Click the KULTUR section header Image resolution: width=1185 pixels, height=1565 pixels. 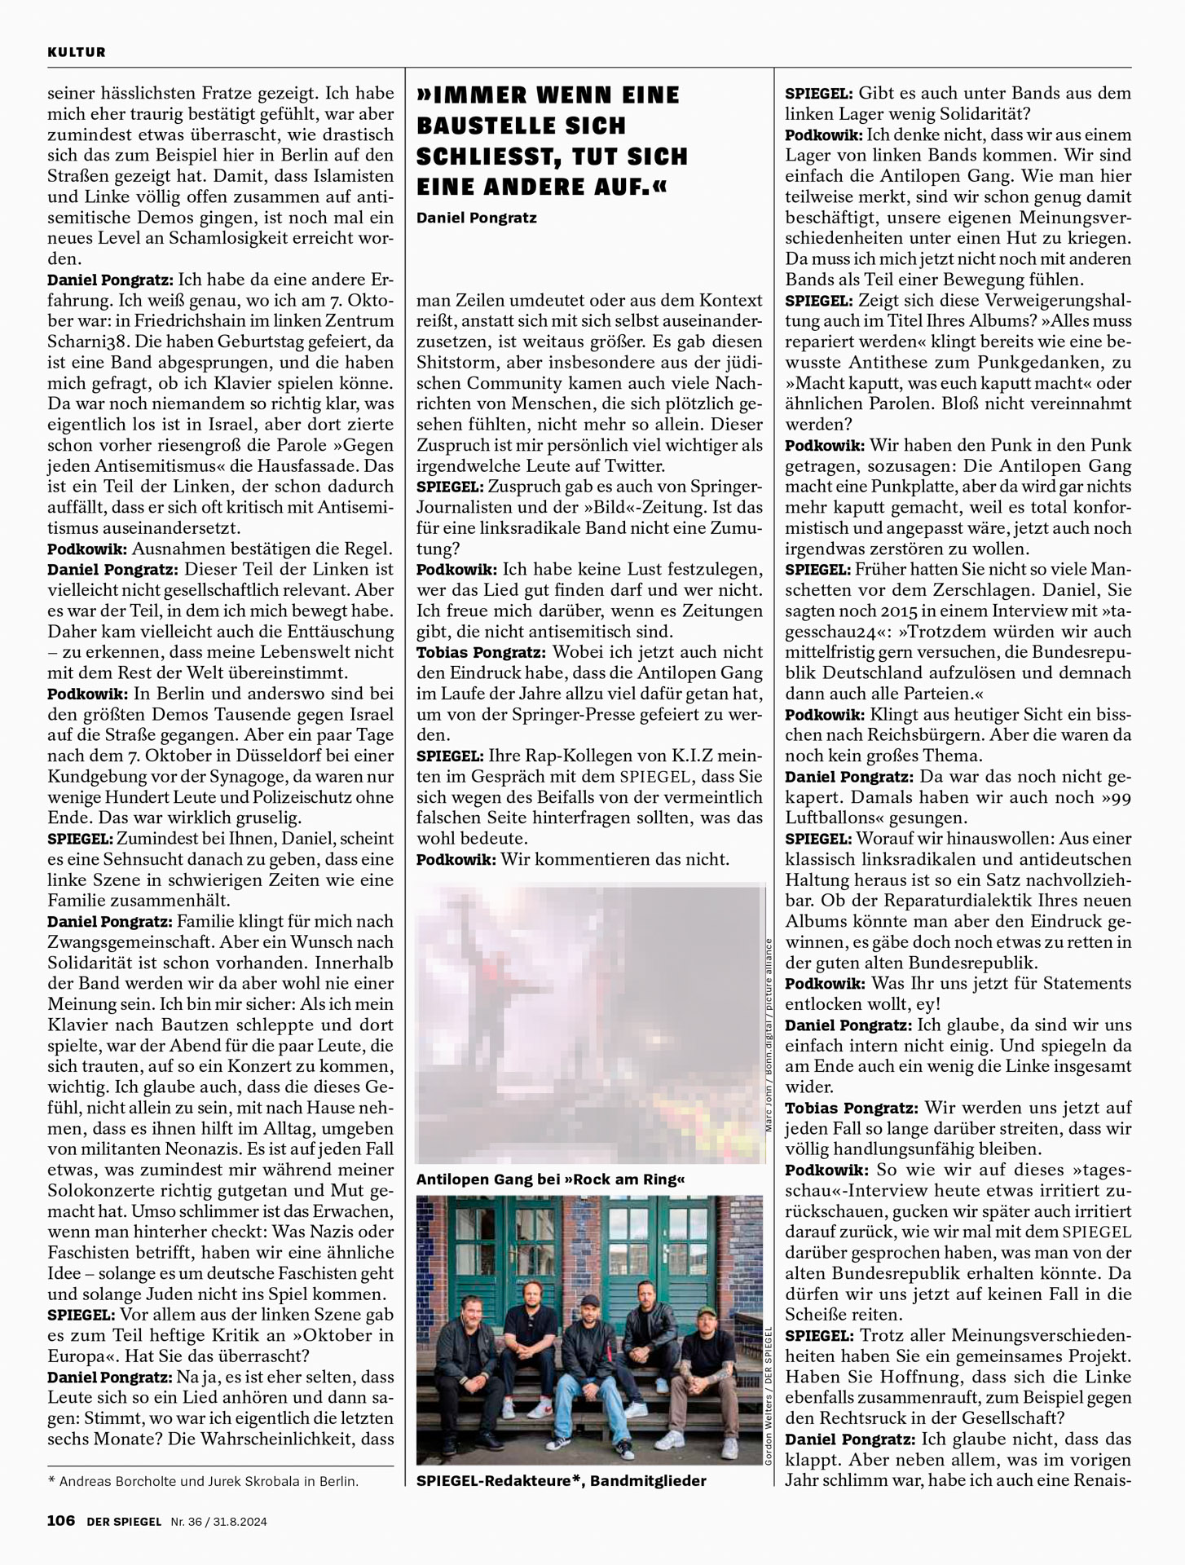[77, 52]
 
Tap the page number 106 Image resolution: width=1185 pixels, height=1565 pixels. [61, 1520]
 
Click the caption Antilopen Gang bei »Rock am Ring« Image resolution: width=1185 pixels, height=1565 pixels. [550, 1179]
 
